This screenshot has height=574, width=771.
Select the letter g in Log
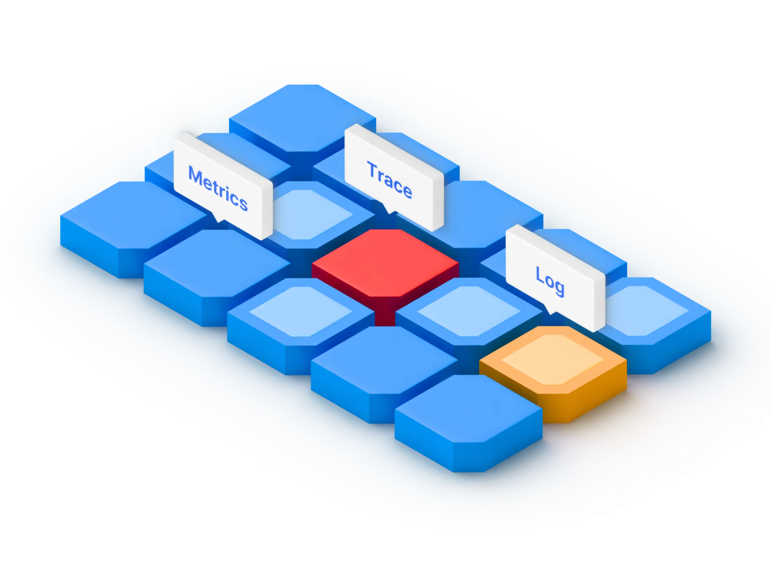coord(559,287)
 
